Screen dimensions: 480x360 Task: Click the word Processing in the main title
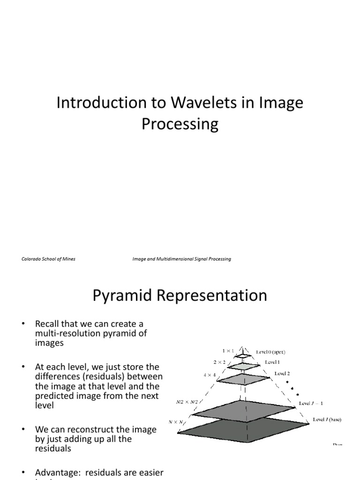point(180,124)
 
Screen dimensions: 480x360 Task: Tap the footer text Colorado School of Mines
point(48,259)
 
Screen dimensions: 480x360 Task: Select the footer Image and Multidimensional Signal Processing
point(182,259)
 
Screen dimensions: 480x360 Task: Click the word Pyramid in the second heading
point(120,296)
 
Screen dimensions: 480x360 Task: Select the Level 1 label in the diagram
point(273,362)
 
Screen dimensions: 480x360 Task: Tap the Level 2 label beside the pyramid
point(283,374)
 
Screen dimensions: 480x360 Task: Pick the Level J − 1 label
point(311,403)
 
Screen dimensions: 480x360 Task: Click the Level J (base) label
point(327,420)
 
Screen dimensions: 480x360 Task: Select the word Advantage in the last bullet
point(55,472)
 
